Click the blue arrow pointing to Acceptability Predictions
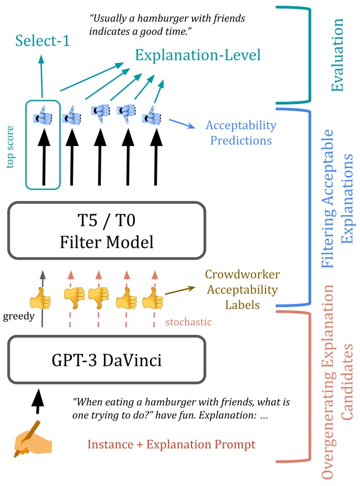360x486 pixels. [181, 124]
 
